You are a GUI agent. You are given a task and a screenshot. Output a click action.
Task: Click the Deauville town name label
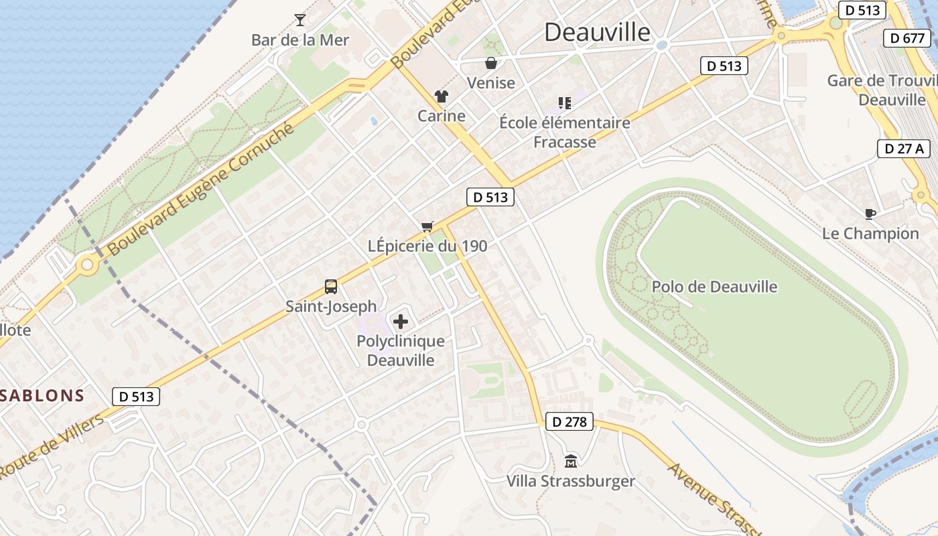[597, 32]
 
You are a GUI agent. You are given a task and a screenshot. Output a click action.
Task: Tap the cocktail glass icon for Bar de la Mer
[299, 19]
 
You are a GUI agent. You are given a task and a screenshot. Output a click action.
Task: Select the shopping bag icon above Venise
[491, 63]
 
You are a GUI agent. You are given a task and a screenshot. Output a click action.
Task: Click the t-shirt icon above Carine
[441, 96]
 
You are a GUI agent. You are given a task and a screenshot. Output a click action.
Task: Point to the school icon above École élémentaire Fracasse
[565, 103]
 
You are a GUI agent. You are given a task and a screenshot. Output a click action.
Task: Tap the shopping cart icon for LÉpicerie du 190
[427, 226]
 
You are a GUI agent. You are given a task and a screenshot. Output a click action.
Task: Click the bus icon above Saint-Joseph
[331, 287]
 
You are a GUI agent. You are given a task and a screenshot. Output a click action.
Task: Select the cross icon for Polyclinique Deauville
[401, 322]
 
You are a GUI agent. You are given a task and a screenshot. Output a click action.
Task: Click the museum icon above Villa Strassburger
[570, 461]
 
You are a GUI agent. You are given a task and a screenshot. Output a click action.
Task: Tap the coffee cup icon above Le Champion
[870, 214]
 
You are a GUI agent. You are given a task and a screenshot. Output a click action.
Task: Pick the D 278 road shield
[569, 421]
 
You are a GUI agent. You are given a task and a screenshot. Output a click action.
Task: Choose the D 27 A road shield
[904, 149]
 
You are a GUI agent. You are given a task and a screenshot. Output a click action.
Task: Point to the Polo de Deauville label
[714, 287]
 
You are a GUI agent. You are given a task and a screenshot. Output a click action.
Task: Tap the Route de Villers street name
[52, 446]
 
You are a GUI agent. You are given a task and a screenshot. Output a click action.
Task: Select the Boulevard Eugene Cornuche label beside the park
[201, 189]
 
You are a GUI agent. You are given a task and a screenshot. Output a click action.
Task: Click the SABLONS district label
[42, 395]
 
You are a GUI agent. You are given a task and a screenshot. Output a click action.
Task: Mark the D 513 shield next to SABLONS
[136, 397]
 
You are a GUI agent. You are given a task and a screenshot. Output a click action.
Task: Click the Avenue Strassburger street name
[714, 497]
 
